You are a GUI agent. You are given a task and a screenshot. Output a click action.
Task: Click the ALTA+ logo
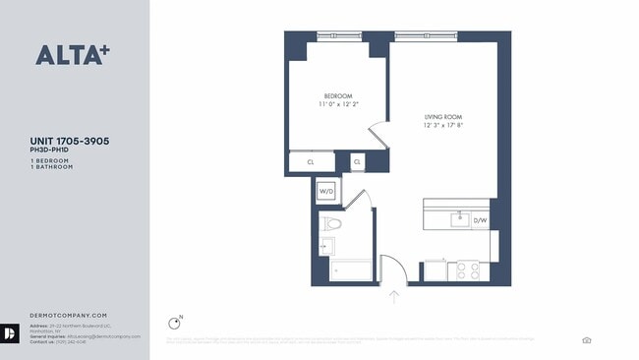[x=71, y=55]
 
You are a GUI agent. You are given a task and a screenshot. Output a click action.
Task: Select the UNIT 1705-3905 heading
[x=69, y=142]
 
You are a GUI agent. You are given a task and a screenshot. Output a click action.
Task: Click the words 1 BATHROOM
[x=51, y=166]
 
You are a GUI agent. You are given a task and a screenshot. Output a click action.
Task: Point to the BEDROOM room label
[x=337, y=95]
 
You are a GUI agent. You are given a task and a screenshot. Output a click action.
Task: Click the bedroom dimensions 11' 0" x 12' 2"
[x=337, y=104]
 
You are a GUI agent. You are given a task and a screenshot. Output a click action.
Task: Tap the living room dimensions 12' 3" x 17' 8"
[x=443, y=125]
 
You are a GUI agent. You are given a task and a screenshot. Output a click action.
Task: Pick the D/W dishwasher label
[x=480, y=220]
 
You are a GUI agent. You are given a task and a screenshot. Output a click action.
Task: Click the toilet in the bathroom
[x=330, y=224]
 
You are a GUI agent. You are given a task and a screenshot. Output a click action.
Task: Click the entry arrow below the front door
[x=393, y=295]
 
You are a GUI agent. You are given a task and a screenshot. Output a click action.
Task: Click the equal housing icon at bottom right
[x=587, y=339]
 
